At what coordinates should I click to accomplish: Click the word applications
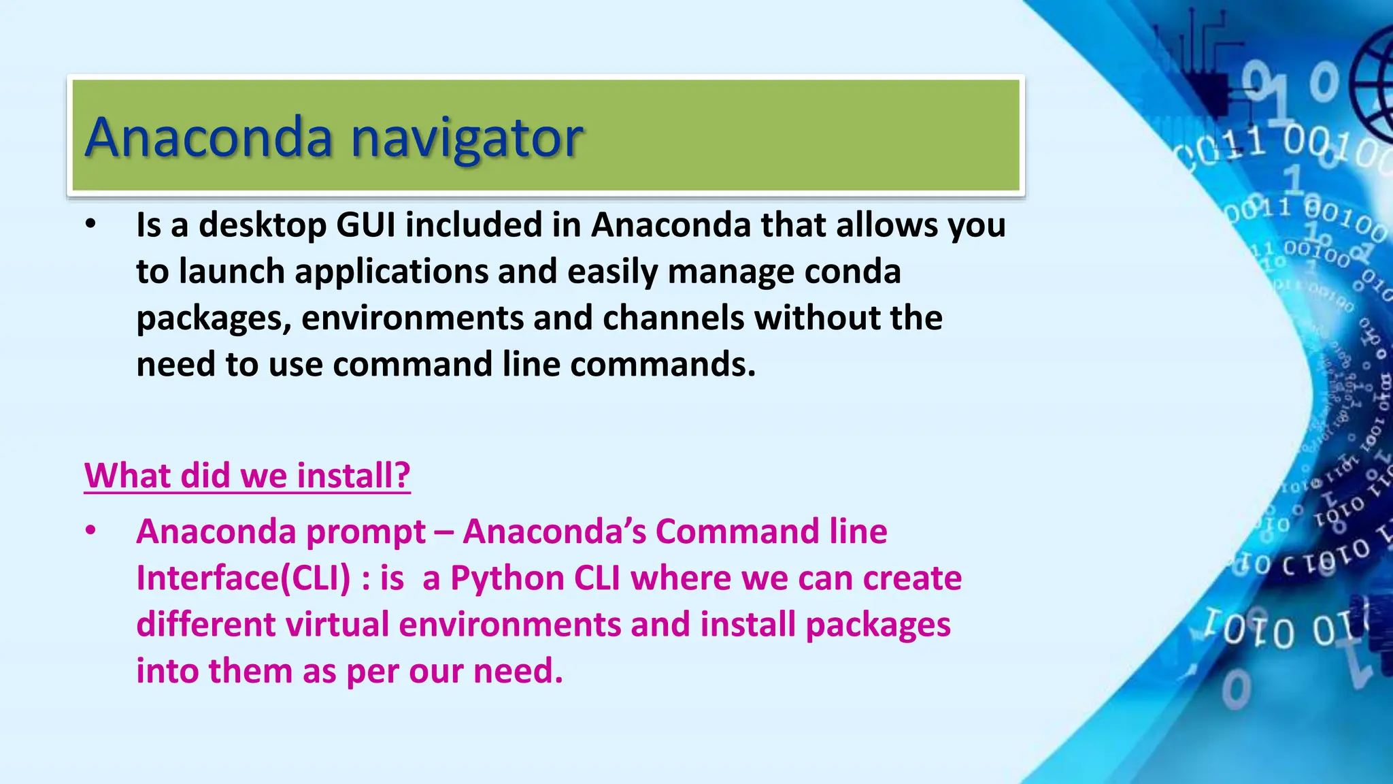391,272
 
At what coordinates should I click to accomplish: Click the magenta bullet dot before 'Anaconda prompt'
91,531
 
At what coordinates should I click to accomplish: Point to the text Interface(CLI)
244,578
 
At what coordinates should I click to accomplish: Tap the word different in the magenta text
205,625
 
